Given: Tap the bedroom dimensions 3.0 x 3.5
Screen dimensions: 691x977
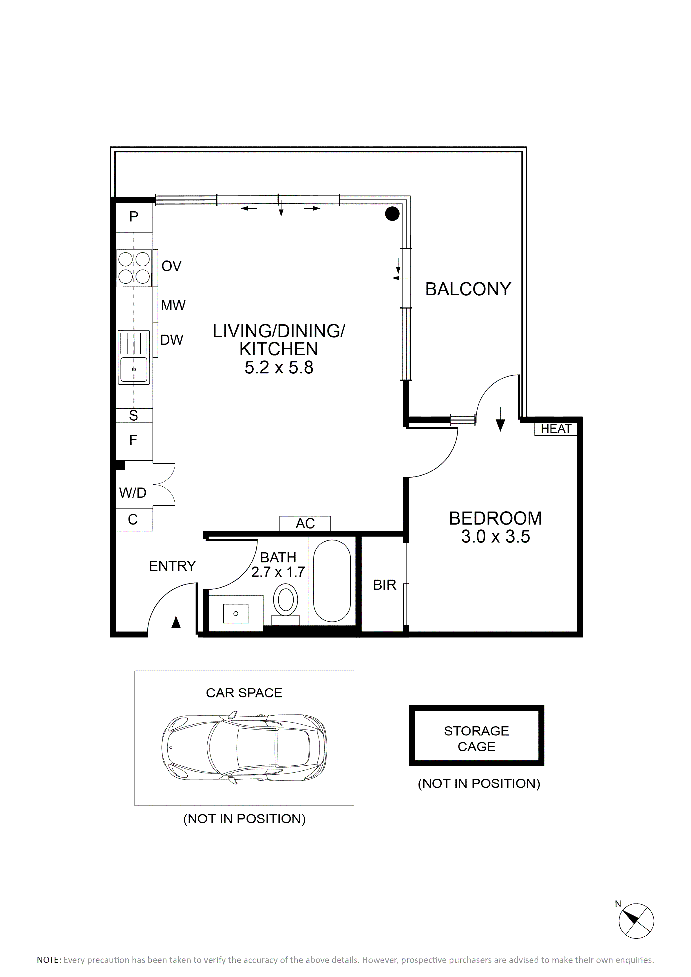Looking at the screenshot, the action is click(496, 537).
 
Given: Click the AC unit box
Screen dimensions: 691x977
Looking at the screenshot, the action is click(305, 523).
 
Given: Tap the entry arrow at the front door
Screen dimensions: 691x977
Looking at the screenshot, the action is click(176, 628).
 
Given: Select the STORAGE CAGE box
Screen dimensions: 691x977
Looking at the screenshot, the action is click(476, 735).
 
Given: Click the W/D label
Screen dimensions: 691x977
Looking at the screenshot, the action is click(133, 493).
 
